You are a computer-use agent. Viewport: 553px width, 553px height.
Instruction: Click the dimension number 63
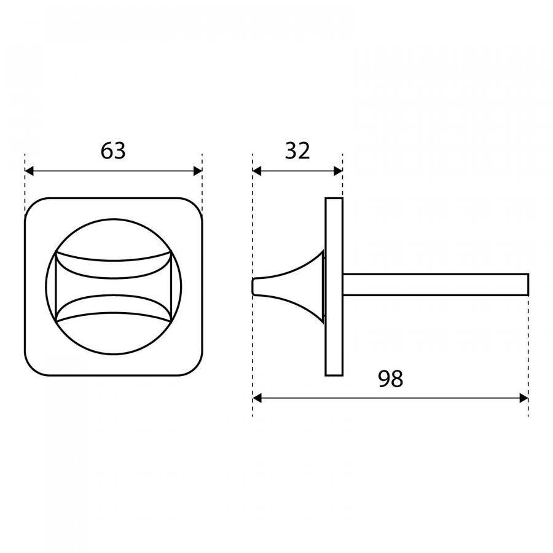point(113,151)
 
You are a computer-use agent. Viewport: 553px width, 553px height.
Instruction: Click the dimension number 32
point(297,151)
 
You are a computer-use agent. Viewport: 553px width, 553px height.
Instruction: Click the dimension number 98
point(390,378)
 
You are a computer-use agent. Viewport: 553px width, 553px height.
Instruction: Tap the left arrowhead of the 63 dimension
point(29,171)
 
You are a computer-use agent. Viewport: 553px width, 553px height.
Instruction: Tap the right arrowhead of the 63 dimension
point(198,171)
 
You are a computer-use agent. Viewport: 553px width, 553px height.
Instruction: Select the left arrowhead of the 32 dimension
point(257,171)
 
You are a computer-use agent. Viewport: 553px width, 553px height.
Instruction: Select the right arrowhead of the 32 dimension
point(338,171)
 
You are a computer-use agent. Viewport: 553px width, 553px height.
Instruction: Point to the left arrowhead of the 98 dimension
point(257,399)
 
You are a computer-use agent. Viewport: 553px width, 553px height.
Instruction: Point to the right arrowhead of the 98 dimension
point(524,399)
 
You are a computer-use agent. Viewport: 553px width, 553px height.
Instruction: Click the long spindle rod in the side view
point(436,284)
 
